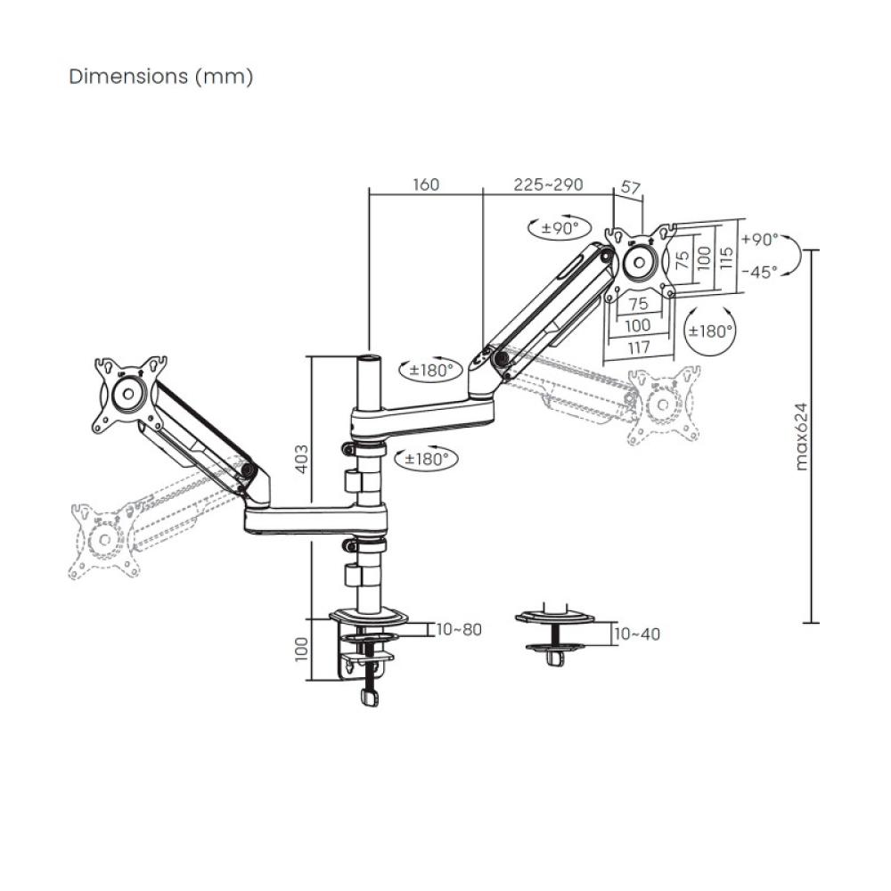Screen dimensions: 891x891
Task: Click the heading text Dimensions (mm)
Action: pyautogui.click(x=161, y=77)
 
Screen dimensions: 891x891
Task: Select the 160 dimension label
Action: pyautogui.click(x=425, y=185)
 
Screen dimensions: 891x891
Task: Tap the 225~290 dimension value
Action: pyautogui.click(x=548, y=185)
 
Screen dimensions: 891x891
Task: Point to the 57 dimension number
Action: pyautogui.click(x=630, y=188)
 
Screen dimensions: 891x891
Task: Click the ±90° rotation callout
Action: pyautogui.click(x=554, y=228)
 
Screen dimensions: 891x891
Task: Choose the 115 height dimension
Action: pyautogui.click(x=727, y=257)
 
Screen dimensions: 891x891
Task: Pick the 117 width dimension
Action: pyautogui.click(x=638, y=347)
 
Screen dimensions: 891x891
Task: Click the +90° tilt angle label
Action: pyautogui.click(x=759, y=240)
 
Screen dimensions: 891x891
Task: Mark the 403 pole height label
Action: pyautogui.click(x=302, y=458)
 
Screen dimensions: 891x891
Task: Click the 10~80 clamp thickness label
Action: pyautogui.click(x=459, y=630)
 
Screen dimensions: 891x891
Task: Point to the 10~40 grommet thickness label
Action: pyautogui.click(x=637, y=634)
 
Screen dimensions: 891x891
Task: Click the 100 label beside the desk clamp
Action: pyautogui.click(x=302, y=649)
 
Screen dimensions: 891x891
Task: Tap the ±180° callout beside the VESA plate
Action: pyautogui.click(x=710, y=330)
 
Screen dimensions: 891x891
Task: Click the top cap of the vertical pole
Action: pyautogui.click(x=368, y=359)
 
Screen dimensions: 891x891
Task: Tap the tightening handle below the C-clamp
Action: pyautogui.click(x=370, y=697)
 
